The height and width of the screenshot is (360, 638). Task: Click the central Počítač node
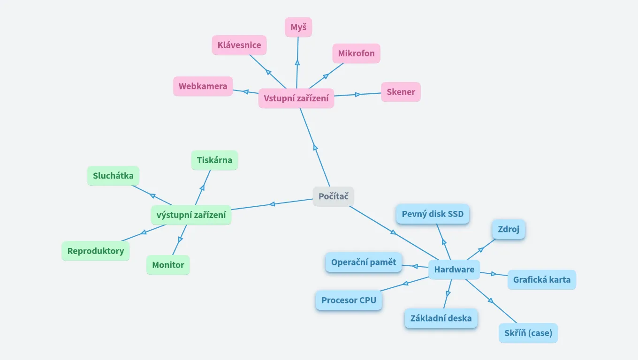334,196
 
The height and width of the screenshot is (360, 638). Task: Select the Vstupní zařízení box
296,98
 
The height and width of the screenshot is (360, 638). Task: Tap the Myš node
298,27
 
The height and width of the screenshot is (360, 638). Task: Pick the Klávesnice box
239,45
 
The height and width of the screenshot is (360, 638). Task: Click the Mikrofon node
357,53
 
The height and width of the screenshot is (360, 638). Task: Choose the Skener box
401,92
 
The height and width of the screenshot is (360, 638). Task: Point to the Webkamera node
203,86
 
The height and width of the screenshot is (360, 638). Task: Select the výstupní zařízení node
191,215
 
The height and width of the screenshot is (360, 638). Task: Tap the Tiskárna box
214,160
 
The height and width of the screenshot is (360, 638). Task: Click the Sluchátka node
113,176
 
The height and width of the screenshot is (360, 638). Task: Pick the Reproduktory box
96,251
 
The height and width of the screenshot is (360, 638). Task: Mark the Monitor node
168,265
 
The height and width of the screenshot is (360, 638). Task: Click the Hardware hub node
454,270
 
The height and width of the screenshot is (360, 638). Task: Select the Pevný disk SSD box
433,214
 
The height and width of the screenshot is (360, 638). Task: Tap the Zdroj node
509,230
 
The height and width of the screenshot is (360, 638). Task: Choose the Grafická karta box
542,280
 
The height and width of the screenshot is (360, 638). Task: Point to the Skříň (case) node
528,333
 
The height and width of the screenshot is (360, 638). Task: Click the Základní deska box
441,318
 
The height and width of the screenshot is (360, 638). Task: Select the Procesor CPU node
349,300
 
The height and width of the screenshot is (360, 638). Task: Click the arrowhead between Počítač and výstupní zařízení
272,204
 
